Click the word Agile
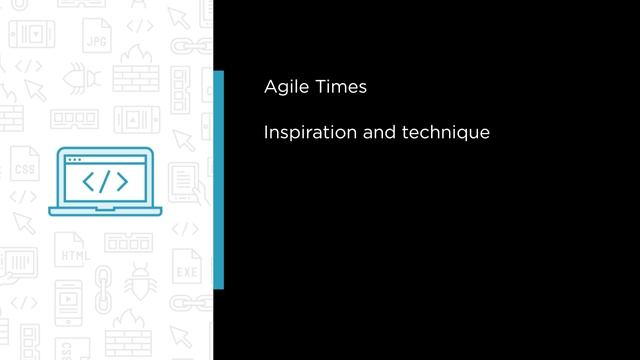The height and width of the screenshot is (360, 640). (285, 88)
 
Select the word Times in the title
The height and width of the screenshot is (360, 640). (339, 87)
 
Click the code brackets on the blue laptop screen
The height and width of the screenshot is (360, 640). (104, 182)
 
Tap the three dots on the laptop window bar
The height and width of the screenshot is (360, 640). (73, 160)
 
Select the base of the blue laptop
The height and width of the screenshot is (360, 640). (104, 210)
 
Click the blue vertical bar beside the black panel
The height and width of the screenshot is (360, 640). (218, 180)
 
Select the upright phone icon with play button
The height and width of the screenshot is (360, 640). (67, 298)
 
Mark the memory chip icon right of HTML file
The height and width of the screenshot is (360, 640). (128, 243)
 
